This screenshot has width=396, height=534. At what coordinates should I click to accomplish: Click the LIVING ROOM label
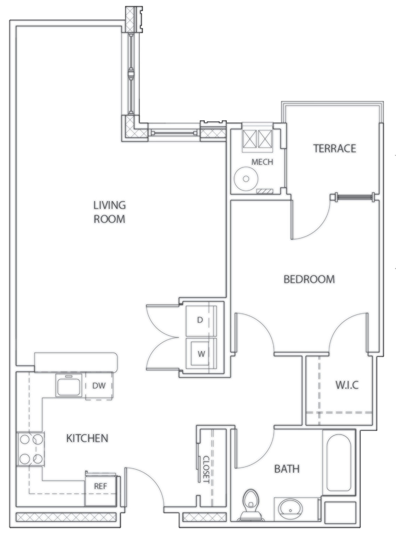pos(109,212)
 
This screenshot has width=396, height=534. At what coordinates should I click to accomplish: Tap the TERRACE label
pos(334,148)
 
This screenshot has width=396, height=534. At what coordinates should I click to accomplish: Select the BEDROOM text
pos(309,279)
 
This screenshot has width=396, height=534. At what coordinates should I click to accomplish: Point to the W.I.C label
pos(347,385)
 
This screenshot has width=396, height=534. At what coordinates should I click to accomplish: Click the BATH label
pos(286,469)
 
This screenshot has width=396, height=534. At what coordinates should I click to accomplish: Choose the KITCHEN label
pos(87,438)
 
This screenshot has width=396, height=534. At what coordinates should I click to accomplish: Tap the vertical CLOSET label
pos(206,469)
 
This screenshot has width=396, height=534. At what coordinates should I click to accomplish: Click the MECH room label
pos(262,162)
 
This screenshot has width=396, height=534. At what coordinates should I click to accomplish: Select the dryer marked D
pos(200,320)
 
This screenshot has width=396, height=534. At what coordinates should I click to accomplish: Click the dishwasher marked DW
pos(99,386)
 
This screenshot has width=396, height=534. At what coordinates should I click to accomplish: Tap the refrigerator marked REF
pos(100,486)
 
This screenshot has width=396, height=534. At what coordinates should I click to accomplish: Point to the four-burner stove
pos(31,449)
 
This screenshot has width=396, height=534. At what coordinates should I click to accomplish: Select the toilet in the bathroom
pos(250,505)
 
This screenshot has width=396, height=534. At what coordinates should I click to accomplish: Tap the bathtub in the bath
pos(339,462)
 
